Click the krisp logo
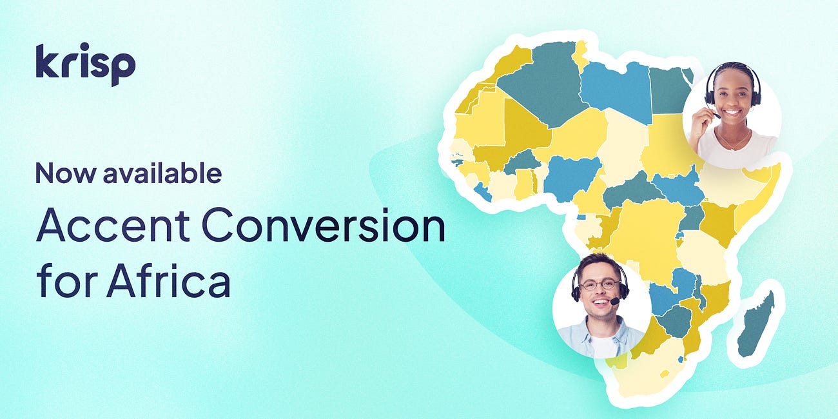pyautogui.click(x=85, y=64)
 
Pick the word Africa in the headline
pyautogui.click(x=168, y=281)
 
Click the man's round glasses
pyautogui.click(x=599, y=284)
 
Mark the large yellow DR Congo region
pyautogui.click(x=645, y=232)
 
